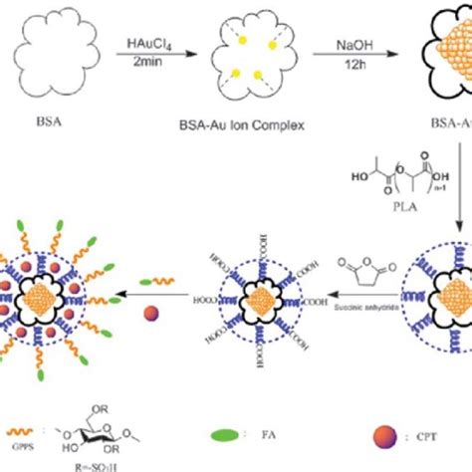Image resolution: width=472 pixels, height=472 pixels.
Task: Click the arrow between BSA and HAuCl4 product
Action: (x=166, y=58)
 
